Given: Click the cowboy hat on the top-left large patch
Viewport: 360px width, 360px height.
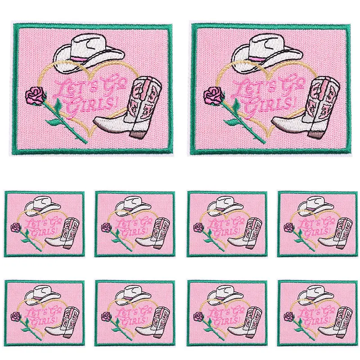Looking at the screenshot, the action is coord(88,52).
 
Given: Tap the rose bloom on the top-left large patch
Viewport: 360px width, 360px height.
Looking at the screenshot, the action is coord(35,95).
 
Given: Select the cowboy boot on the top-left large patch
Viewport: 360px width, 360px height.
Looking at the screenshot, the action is coord(128,107).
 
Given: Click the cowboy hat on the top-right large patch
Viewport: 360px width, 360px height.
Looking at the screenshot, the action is coord(266,52).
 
